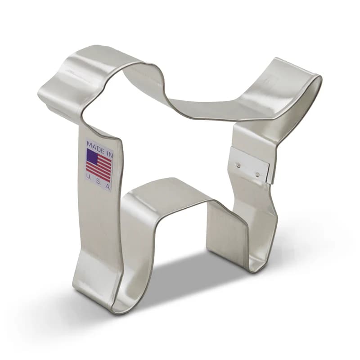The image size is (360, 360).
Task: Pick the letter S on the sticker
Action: [99, 181]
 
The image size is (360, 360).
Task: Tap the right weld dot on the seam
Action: [257, 174]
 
